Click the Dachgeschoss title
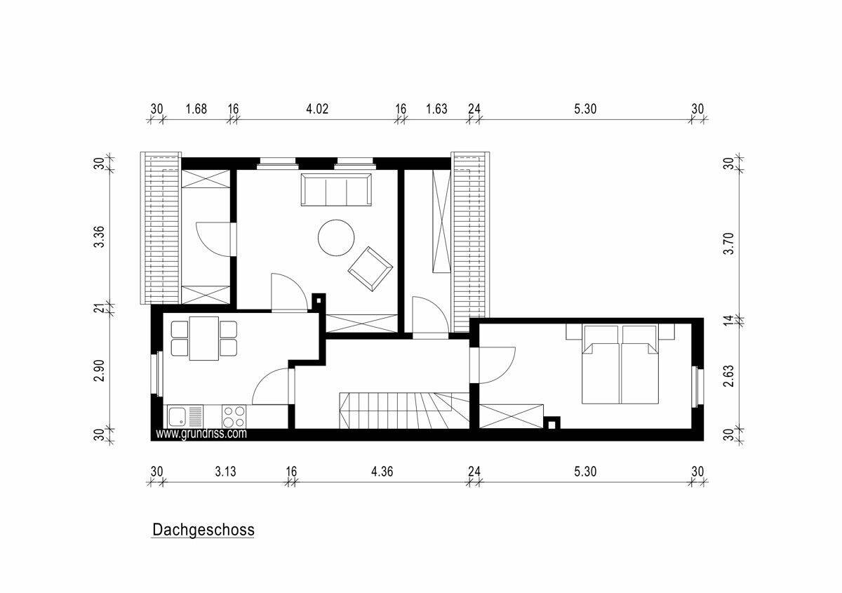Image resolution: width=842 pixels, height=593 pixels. pyautogui.click(x=203, y=530)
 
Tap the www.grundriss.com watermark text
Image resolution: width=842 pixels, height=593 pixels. pyautogui.click(x=201, y=434)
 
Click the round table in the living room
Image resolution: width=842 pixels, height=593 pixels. pyautogui.click(x=336, y=238)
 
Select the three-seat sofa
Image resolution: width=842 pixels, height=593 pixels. pyautogui.click(x=336, y=189)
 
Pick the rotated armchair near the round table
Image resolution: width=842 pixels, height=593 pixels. pyautogui.click(x=370, y=269)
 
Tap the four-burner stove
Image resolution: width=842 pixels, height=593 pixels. pyautogui.click(x=234, y=416)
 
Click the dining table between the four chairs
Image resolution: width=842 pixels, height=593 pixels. pyautogui.click(x=204, y=338)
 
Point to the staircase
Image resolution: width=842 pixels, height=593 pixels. pyautogui.click(x=404, y=411)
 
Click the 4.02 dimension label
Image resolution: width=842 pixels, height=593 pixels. pyautogui.click(x=317, y=109)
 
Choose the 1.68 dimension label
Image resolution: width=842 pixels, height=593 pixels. pyautogui.click(x=196, y=109)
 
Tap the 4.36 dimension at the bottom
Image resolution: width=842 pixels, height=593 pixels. pyautogui.click(x=382, y=472)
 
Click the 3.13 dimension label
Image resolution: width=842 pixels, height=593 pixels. pyautogui.click(x=225, y=472)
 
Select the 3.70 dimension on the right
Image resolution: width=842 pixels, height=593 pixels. pyautogui.click(x=728, y=244)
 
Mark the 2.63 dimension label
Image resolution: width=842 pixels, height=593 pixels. pyautogui.click(x=728, y=376)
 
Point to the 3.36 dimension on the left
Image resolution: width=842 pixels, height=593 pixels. pyautogui.click(x=99, y=237)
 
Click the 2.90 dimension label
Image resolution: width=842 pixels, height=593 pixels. pyautogui.click(x=99, y=371)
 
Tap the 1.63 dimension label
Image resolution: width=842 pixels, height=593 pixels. pyautogui.click(x=436, y=109)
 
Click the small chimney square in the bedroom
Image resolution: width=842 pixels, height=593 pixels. pyautogui.click(x=552, y=423)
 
